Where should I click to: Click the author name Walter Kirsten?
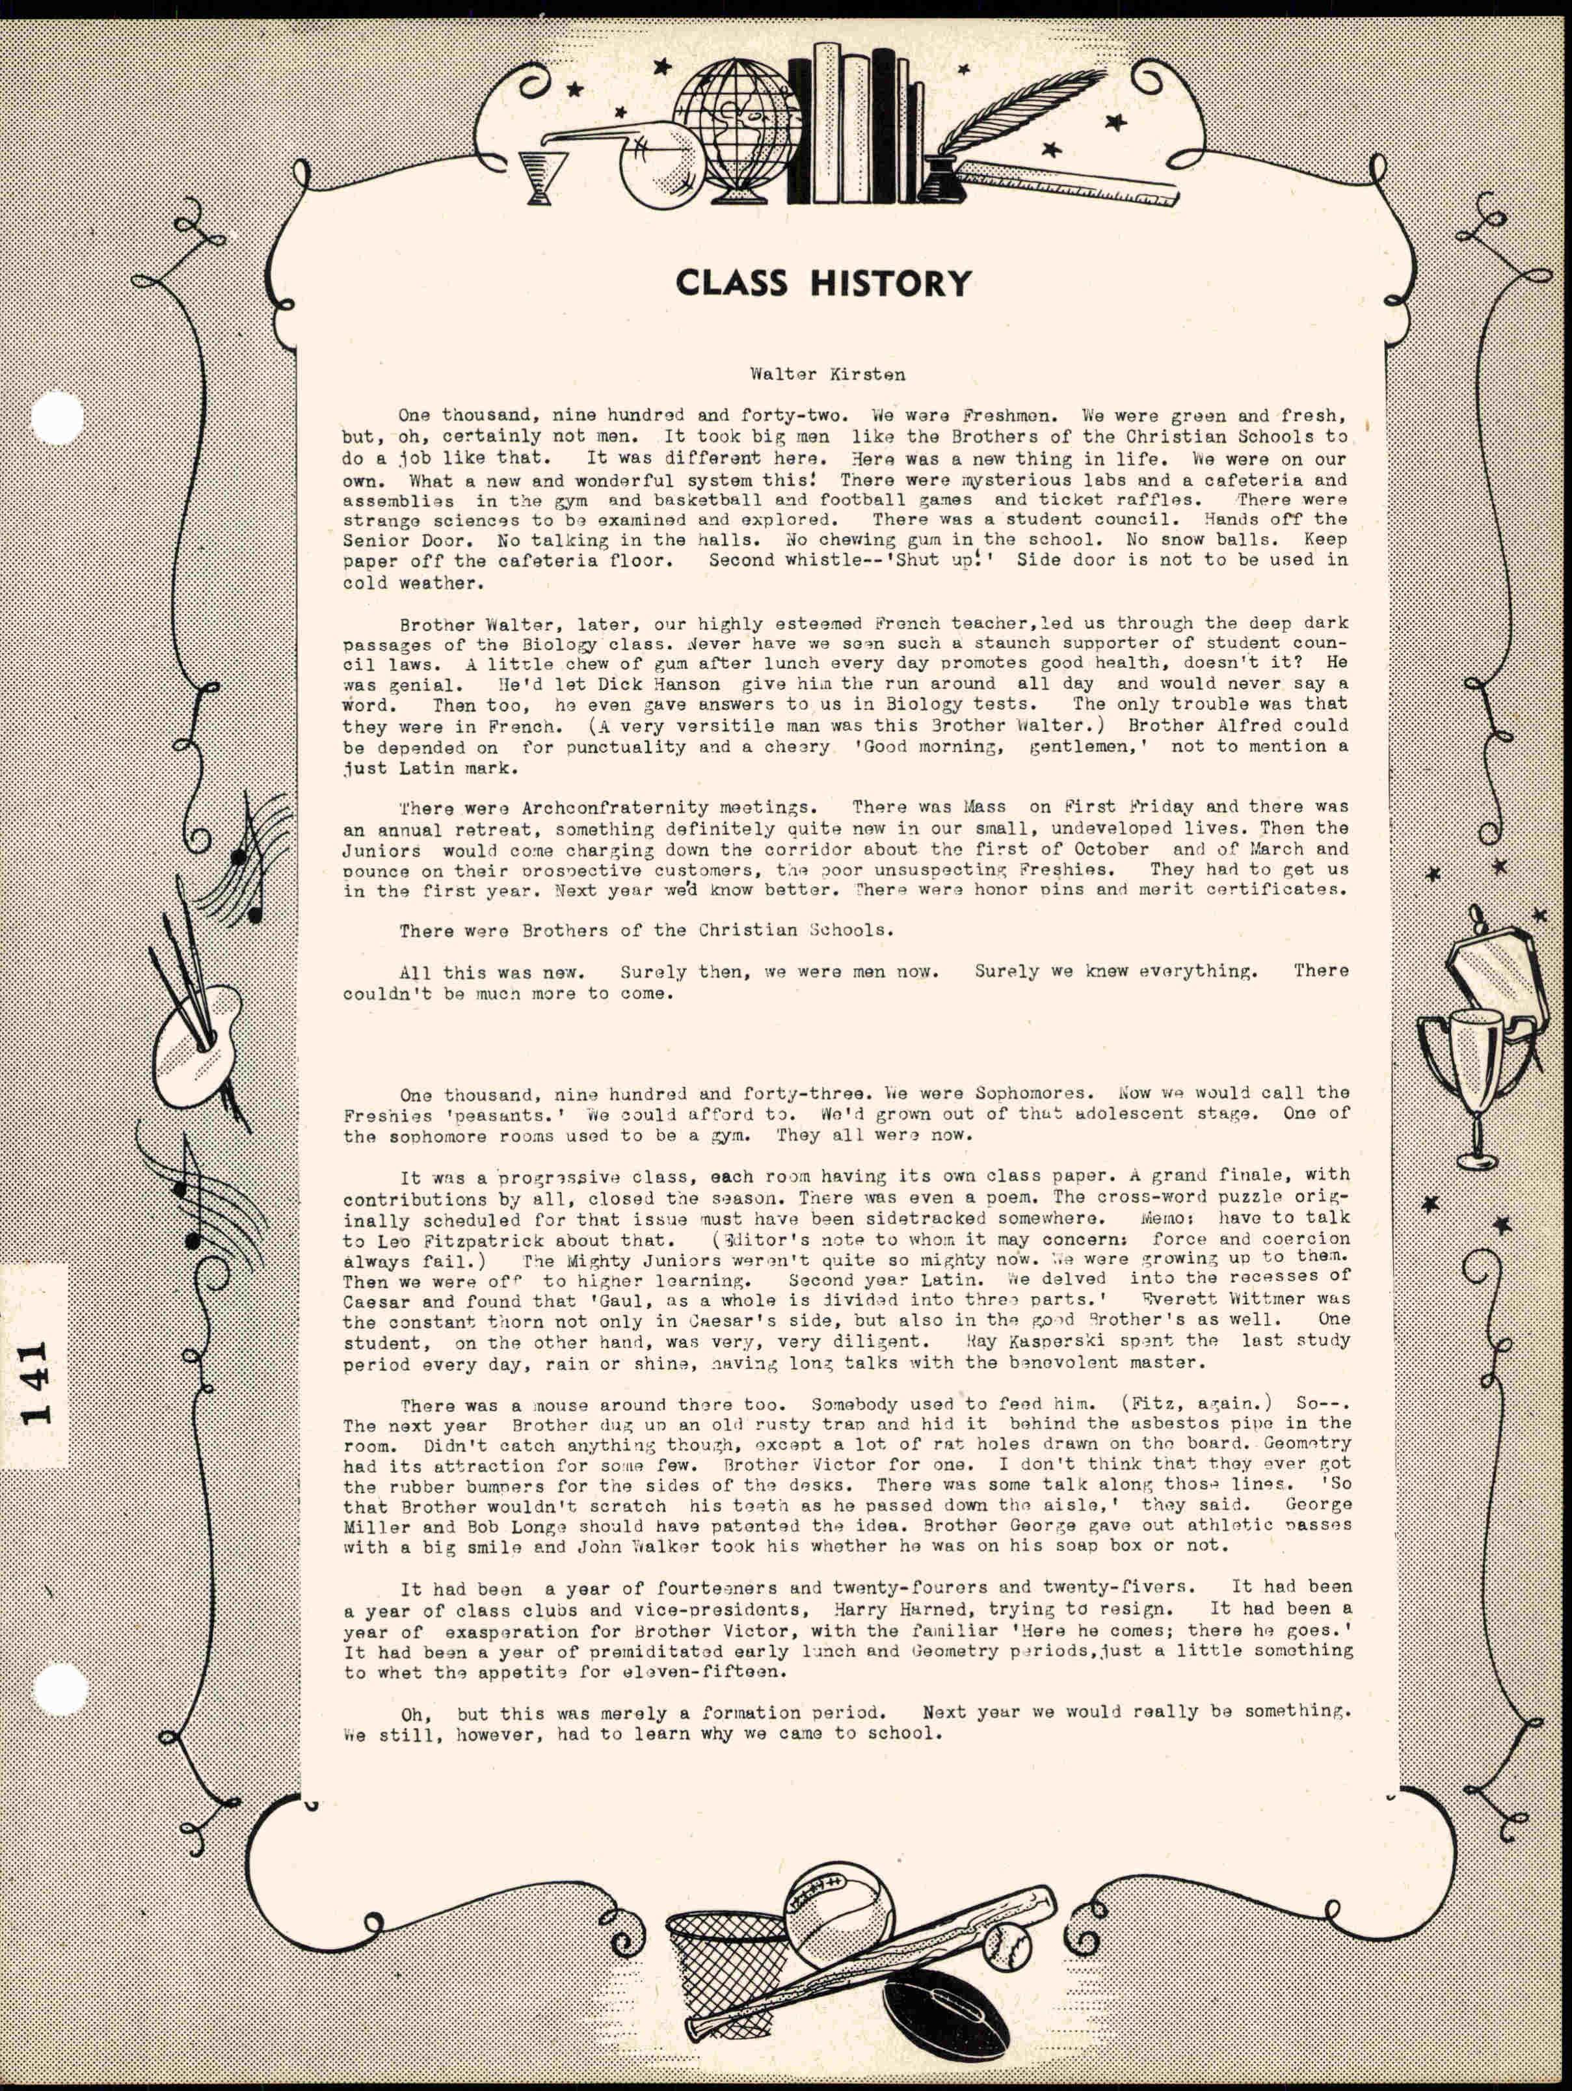[827, 374]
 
